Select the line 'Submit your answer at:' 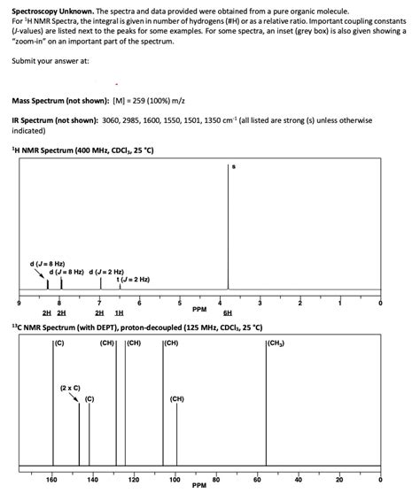(50, 61)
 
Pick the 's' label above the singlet (233, 166)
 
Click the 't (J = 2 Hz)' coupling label (133, 280)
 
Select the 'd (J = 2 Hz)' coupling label (105, 271)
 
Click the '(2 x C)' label (71, 388)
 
